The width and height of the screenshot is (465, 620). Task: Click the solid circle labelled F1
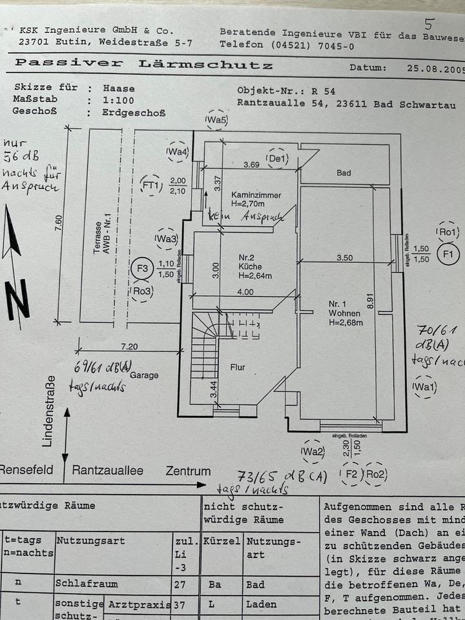(x=448, y=254)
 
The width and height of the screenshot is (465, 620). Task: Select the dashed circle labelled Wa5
(x=216, y=120)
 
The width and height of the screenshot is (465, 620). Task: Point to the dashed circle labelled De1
(x=278, y=158)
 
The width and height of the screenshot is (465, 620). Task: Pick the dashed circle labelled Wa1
(x=426, y=387)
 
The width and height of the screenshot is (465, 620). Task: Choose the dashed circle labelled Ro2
(x=375, y=475)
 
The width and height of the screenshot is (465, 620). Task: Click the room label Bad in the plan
(x=344, y=173)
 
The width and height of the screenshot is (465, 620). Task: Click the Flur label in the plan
(x=238, y=367)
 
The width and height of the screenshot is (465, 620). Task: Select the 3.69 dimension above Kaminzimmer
(x=251, y=165)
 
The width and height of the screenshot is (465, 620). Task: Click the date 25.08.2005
(x=431, y=67)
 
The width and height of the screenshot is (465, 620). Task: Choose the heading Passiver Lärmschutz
(x=143, y=65)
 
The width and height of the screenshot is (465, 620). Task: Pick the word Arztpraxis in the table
(x=140, y=604)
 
